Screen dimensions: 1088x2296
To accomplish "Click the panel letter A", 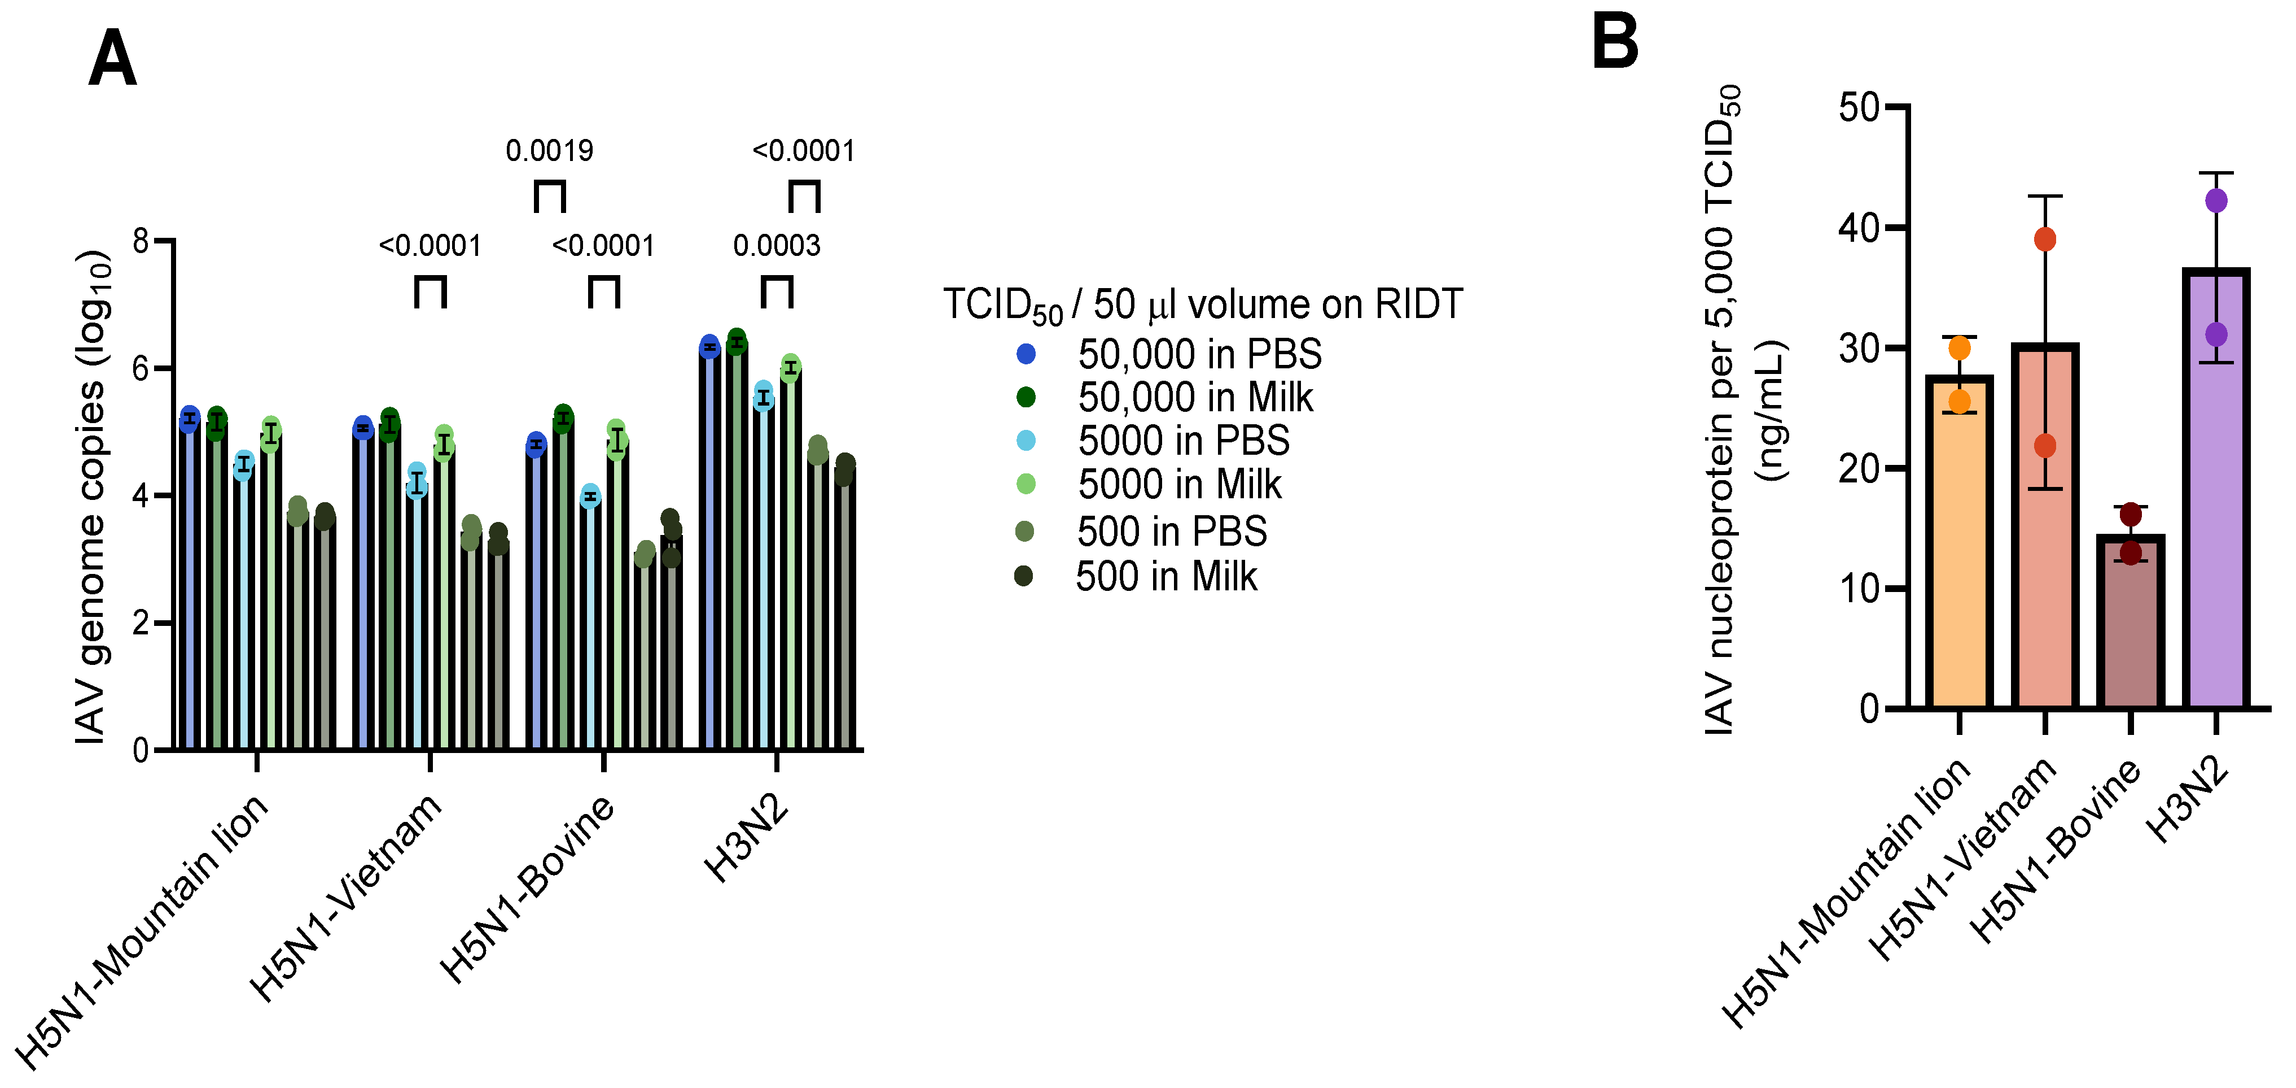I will [x=112, y=58].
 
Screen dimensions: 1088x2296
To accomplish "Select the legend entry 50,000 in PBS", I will [x=1199, y=354].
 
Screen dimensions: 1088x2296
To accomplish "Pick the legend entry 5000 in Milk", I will [x=1178, y=484].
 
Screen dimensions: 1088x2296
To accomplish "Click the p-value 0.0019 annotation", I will [x=549, y=151].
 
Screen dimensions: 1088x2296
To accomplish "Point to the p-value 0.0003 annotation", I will [x=776, y=245].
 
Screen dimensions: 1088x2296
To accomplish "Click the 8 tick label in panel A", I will [x=141, y=241].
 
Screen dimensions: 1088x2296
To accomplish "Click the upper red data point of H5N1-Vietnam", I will [x=2045, y=239].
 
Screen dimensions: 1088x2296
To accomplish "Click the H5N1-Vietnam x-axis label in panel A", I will [x=346, y=896].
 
